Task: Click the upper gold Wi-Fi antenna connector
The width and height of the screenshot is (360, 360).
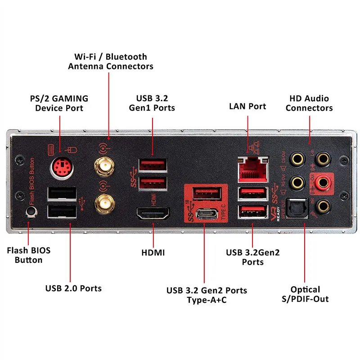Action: tap(103, 167)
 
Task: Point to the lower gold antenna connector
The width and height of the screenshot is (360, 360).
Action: tap(103, 204)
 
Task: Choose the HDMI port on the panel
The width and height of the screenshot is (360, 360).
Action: tap(153, 215)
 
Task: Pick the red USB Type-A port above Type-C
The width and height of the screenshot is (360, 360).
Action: tap(207, 193)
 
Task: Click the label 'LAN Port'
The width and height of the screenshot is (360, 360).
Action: tap(247, 106)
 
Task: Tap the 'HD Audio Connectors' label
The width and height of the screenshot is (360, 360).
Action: tap(309, 103)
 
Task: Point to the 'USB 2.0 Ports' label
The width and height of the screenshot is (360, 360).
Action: tap(73, 288)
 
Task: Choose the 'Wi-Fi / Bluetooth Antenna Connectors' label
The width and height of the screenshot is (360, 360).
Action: tap(110, 61)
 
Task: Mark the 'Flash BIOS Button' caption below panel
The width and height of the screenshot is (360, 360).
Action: tap(29, 255)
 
